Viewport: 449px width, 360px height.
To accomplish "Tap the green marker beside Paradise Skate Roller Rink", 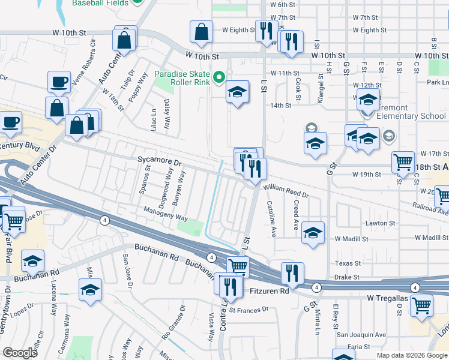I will tap(220, 76).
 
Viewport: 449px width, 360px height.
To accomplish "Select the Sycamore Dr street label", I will tap(159, 163).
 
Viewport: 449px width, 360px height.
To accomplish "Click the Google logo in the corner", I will tap(20, 353).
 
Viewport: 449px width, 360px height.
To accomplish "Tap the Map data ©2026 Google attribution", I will tap(412, 355).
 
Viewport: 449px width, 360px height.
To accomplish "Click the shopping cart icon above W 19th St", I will tap(403, 161).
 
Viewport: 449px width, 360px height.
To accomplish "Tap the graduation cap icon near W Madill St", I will tap(313, 233).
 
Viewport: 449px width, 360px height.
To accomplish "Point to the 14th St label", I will tap(280, 106).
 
